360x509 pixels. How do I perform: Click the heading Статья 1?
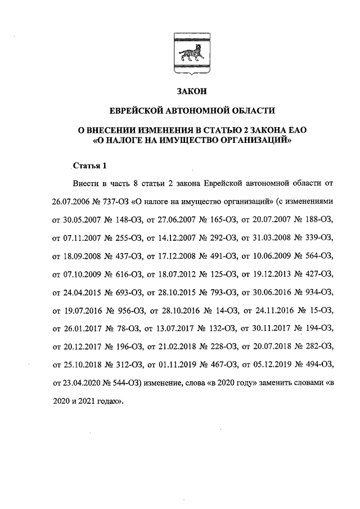(x=89, y=165)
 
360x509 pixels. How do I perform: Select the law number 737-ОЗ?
(x=115, y=201)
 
